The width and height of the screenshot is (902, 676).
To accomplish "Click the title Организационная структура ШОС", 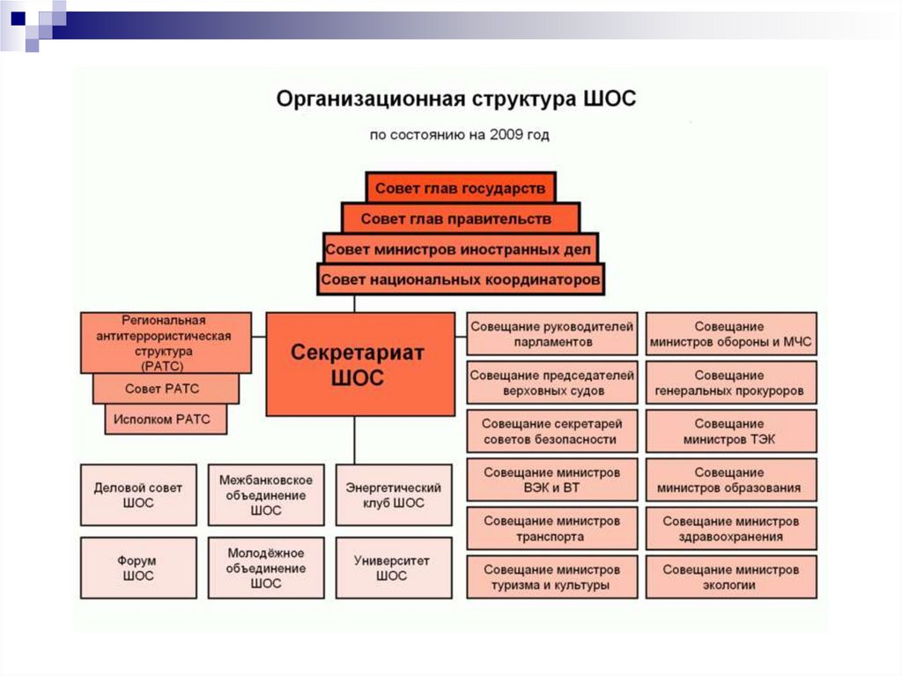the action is point(455,98).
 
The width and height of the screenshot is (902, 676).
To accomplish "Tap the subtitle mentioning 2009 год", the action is point(459,136).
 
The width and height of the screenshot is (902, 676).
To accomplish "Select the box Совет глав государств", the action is point(461,188).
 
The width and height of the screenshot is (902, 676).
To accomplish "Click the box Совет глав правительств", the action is point(461,218).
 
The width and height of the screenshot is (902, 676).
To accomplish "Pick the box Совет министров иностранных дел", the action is point(461,249).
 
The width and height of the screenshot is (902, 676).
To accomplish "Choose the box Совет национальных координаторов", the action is point(461,280).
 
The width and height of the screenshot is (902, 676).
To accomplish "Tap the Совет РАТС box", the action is point(166,388).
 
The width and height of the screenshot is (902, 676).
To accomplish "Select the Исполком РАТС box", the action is point(166,420).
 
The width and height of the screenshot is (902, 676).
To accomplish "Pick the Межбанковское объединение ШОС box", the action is point(266,495).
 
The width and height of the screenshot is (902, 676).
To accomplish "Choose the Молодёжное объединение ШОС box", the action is point(266,568).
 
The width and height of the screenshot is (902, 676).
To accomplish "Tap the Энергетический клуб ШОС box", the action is point(394,495).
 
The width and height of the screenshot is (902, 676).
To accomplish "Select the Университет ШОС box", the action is point(394,568).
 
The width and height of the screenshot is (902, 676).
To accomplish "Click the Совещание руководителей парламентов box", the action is point(551,334).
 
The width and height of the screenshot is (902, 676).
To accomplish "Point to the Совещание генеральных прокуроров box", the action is point(730,383).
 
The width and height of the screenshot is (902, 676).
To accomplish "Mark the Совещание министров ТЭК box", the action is point(730,432).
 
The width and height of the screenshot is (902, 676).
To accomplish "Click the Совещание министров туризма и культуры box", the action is point(551,577).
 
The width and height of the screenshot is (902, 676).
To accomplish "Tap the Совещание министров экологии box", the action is point(730,577).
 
